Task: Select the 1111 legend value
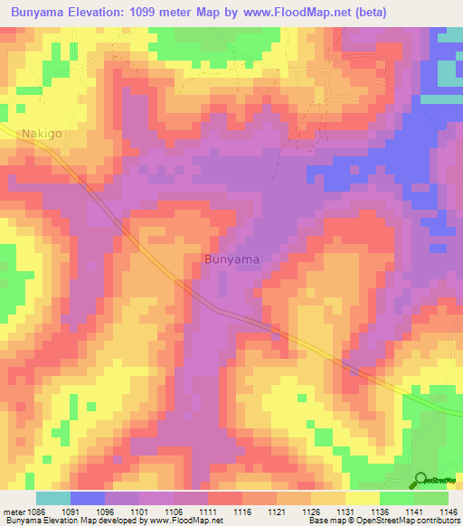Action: (207, 512)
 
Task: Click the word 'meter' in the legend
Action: (14, 512)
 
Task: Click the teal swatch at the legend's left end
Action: (53, 498)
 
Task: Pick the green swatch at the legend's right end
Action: (430, 498)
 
